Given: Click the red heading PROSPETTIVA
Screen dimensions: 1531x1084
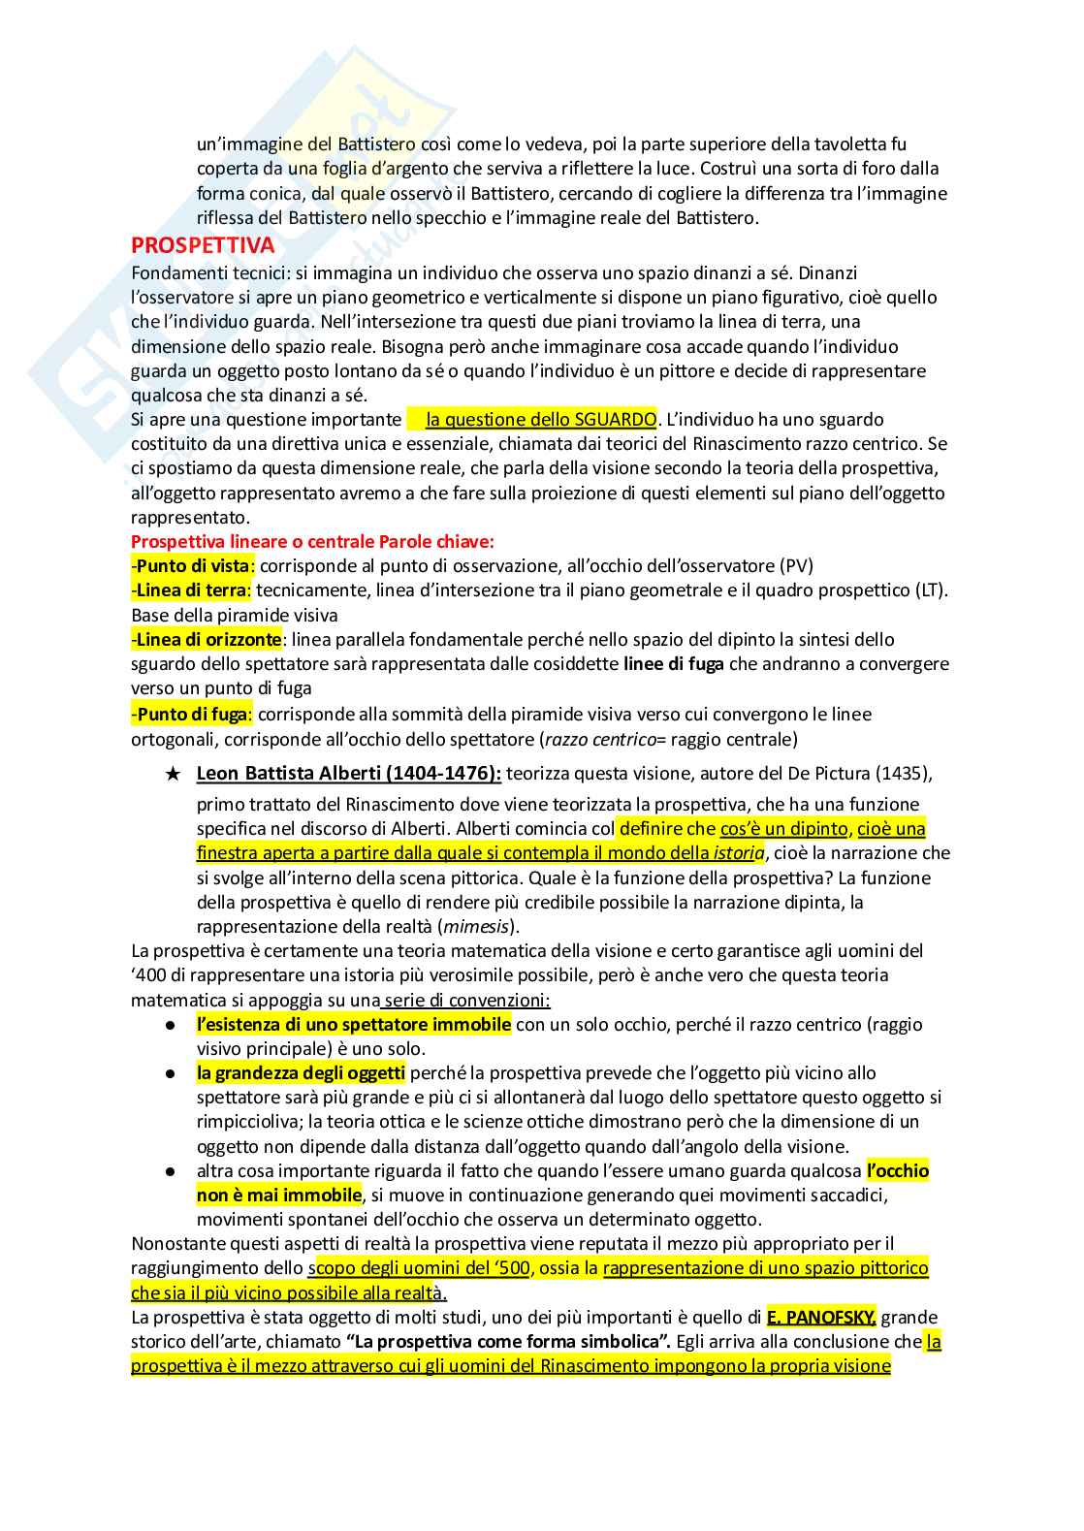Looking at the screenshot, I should [x=203, y=245].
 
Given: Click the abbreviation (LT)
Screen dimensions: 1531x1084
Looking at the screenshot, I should [x=931, y=590].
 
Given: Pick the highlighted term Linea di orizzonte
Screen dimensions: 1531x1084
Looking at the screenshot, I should [x=208, y=639].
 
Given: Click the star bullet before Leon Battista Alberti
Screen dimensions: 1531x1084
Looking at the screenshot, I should [x=172, y=774].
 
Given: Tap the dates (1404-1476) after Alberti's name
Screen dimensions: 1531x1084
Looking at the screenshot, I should [x=432, y=774].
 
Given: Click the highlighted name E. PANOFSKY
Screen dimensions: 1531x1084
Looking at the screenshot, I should [x=820, y=1317].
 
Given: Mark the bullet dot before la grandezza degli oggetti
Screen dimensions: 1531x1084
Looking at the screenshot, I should [x=171, y=1073].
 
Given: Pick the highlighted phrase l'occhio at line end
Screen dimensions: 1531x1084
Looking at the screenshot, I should [x=897, y=1170].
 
